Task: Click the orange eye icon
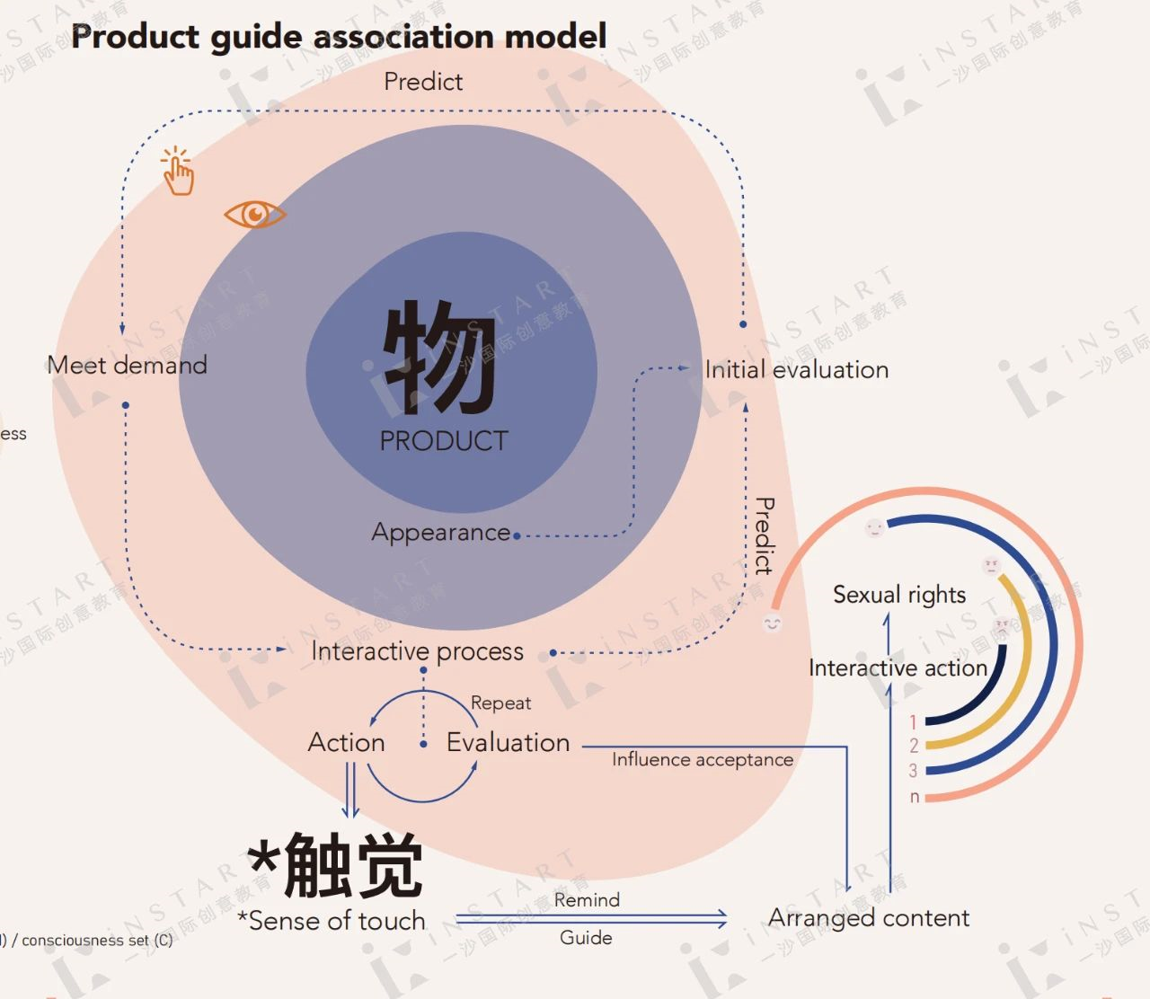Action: click(255, 215)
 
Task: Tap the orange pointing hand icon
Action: click(178, 172)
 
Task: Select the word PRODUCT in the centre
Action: click(444, 441)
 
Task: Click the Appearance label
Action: click(441, 532)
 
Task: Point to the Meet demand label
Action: click(128, 365)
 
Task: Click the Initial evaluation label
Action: click(797, 369)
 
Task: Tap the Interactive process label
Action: click(417, 651)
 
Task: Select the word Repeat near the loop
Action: click(500, 703)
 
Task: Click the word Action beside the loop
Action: click(346, 742)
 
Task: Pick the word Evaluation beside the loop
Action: click(508, 742)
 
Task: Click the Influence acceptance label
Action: click(703, 760)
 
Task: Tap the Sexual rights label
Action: click(898, 595)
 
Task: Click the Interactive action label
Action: click(898, 668)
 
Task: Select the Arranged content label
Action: click(869, 917)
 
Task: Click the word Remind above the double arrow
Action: click(587, 900)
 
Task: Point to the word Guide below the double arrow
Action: click(586, 938)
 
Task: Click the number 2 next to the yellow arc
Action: click(914, 746)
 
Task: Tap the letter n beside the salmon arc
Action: click(915, 797)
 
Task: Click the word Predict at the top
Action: click(423, 82)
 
